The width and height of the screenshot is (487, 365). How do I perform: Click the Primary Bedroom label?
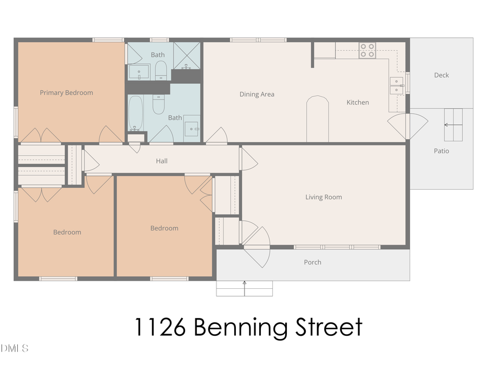pyautogui.click(x=66, y=92)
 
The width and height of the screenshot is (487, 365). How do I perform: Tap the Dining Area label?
pyautogui.click(x=256, y=94)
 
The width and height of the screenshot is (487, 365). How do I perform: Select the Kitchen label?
pyautogui.click(x=358, y=102)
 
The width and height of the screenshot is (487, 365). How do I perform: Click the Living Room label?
pyautogui.click(x=324, y=197)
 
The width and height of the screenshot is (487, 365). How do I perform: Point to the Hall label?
pyautogui.click(x=162, y=161)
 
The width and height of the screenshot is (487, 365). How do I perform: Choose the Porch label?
pyautogui.click(x=312, y=262)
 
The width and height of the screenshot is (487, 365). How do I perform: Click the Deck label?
pyautogui.click(x=441, y=75)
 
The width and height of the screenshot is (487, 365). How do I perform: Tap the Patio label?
pyautogui.click(x=441, y=151)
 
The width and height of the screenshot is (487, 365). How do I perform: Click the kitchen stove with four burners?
pyautogui.click(x=367, y=50)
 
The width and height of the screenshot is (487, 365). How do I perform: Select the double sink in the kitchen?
pyautogui.click(x=397, y=86)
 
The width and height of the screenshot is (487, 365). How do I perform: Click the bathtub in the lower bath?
pyautogui.click(x=136, y=113)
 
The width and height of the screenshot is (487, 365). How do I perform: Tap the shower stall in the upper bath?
pyautogui.click(x=186, y=56)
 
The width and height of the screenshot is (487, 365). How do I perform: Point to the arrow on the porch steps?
pyautogui.click(x=245, y=288)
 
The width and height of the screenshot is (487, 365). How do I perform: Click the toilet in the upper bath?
pyautogui.click(x=161, y=70)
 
